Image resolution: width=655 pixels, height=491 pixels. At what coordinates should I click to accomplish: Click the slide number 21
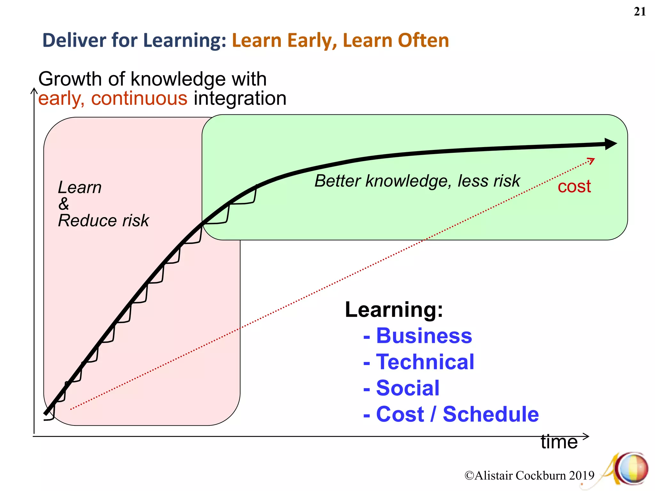(640, 12)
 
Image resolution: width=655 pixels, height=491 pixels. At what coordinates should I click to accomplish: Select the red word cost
(574, 186)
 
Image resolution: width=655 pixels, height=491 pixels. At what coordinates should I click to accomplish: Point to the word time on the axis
(559, 442)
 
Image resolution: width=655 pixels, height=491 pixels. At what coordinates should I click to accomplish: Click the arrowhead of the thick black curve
(611, 144)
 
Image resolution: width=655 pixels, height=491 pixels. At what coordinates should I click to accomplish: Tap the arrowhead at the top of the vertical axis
(34, 91)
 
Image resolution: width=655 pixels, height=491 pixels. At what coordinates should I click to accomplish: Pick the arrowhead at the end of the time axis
(586, 436)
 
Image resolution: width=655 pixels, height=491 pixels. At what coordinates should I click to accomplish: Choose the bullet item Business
(424, 336)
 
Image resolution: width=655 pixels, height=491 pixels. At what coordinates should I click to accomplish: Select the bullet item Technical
(425, 362)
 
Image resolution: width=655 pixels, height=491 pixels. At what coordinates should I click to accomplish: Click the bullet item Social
(408, 388)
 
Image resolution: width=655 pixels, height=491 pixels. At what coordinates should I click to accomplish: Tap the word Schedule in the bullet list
(491, 414)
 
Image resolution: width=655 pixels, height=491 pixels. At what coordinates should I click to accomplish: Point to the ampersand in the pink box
(64, 204)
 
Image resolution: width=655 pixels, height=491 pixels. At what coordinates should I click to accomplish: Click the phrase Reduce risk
(103, 221)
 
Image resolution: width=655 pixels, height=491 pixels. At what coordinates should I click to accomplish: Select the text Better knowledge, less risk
(417, 181)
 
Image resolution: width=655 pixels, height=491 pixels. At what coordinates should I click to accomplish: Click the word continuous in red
(139, 98)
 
